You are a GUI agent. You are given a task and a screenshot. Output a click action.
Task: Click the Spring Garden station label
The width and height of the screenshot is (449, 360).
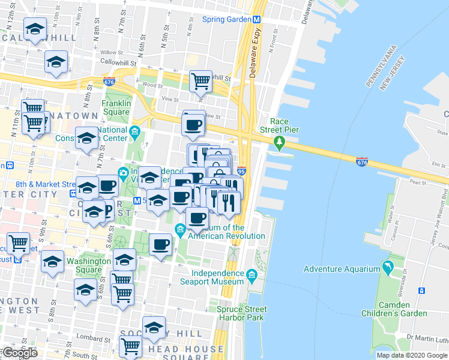(x=226, y=19)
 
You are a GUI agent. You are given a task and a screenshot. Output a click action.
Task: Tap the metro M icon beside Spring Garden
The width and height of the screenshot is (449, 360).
(x=256, y=19)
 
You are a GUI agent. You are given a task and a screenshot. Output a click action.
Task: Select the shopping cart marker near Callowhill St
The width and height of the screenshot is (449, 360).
(x=201, y=80)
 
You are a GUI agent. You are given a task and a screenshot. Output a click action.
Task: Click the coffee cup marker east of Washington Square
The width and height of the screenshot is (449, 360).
(x=161, y=245)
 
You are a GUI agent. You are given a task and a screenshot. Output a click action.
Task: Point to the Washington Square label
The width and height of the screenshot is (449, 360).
(x=88, y=265)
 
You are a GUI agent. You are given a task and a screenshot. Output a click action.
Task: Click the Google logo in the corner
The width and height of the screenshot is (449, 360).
(x=19, y=353)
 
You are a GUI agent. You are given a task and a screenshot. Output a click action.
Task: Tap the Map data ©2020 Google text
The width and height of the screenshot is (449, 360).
(x=412, y=355)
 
